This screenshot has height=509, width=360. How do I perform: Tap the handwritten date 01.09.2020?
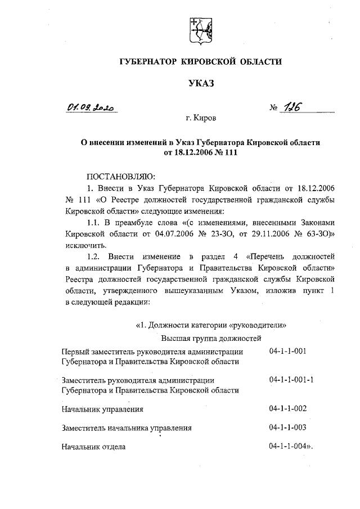(92, 107)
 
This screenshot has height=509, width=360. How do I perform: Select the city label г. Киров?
(201, 119)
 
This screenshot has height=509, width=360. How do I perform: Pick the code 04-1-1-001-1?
(291, 380)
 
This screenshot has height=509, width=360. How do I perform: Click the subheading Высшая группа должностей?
(211, 338)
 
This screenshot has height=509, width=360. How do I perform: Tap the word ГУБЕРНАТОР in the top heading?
(145, 61)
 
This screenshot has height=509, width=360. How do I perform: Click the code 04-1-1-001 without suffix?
(288, 351)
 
